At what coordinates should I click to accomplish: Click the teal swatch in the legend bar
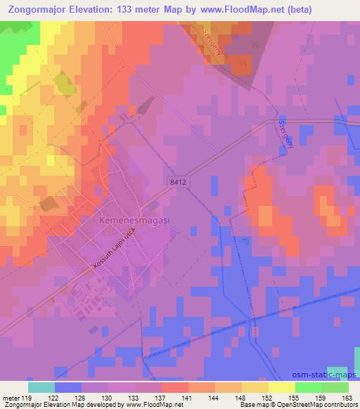pos(41,387)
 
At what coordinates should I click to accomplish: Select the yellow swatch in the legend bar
pos(282,387)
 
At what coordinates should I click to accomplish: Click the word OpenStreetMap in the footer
pos(309,405)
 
